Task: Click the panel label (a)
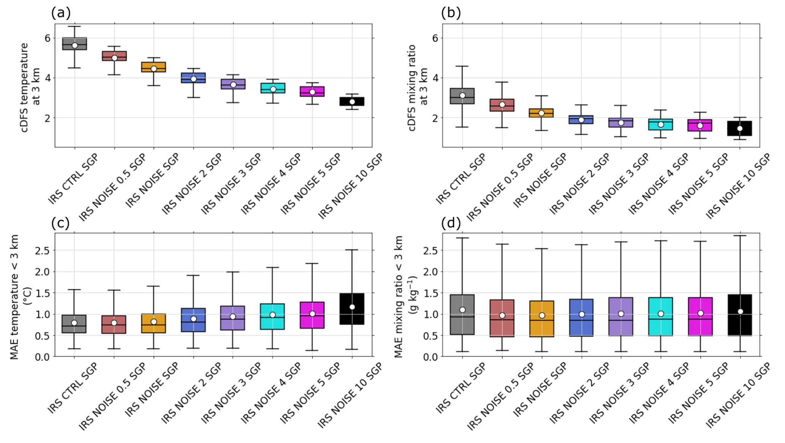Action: [61, 13]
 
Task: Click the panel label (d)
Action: [451, 223]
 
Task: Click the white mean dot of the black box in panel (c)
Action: [352, 307]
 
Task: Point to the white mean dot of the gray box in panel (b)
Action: [462, 95]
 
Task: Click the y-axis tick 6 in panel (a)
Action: [47, 38]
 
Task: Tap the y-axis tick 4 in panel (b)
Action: [435, 78]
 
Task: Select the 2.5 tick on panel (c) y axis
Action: [43, 250]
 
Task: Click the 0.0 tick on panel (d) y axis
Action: [430, 357]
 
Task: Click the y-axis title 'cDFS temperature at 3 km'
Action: [30, 87]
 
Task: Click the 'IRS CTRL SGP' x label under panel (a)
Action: [73, 179]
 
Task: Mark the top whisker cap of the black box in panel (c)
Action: [352, 250]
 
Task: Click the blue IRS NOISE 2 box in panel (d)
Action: [581, 318]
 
